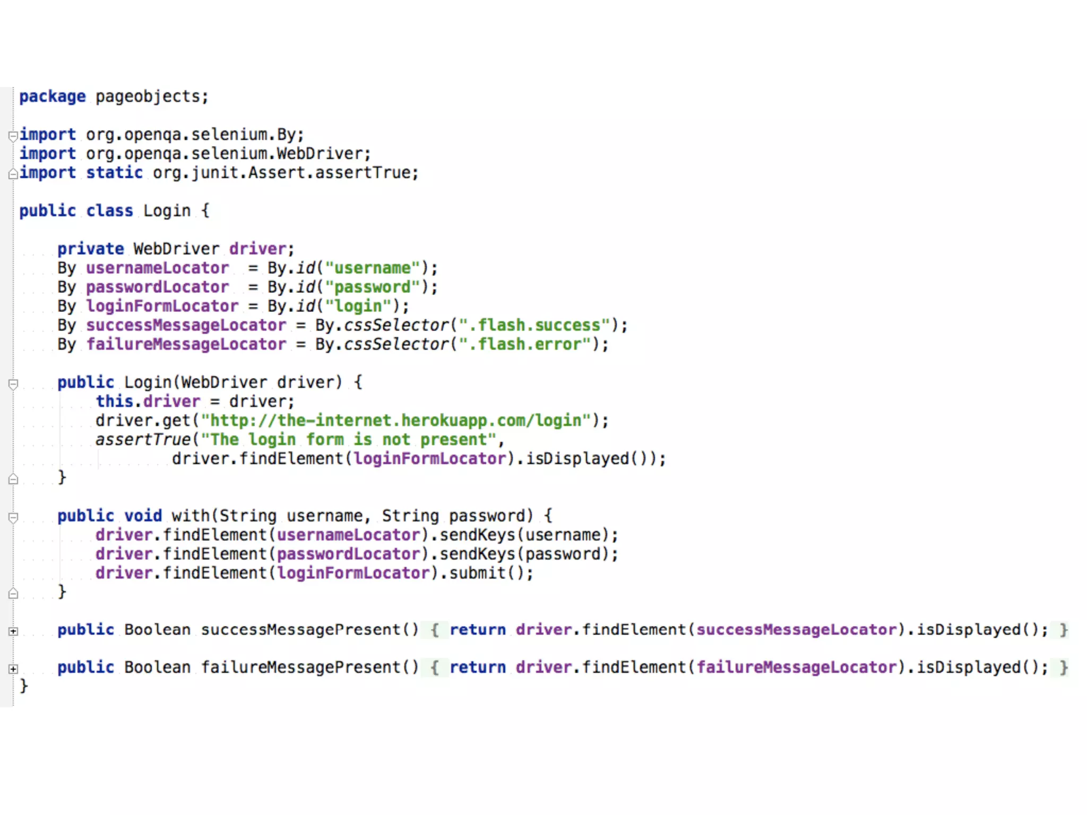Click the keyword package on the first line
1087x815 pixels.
[x=52, y=97]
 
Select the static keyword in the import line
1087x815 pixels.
[x=114, y=173]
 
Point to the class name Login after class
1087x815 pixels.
[x=167, y=211]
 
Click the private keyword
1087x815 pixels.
[x=90, y=249]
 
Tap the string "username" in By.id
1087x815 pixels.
[x=373, y=268]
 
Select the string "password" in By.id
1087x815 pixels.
[x=373, y=287]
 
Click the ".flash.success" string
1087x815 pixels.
[x=534, y=325]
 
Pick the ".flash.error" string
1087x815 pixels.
[x=525, y=344]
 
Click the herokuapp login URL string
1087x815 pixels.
[x=400, y=421]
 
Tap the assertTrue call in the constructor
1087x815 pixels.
[x=143, y=440]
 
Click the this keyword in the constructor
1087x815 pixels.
[x=114, y=402]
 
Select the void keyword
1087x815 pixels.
[x=143, y=516]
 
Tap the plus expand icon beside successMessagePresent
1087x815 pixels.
[x=13, y=631]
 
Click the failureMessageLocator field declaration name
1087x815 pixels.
[x=186, y=344]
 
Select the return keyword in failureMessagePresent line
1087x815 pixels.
[x=478, y=667]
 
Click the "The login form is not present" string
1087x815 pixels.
[x=349, y=440]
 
